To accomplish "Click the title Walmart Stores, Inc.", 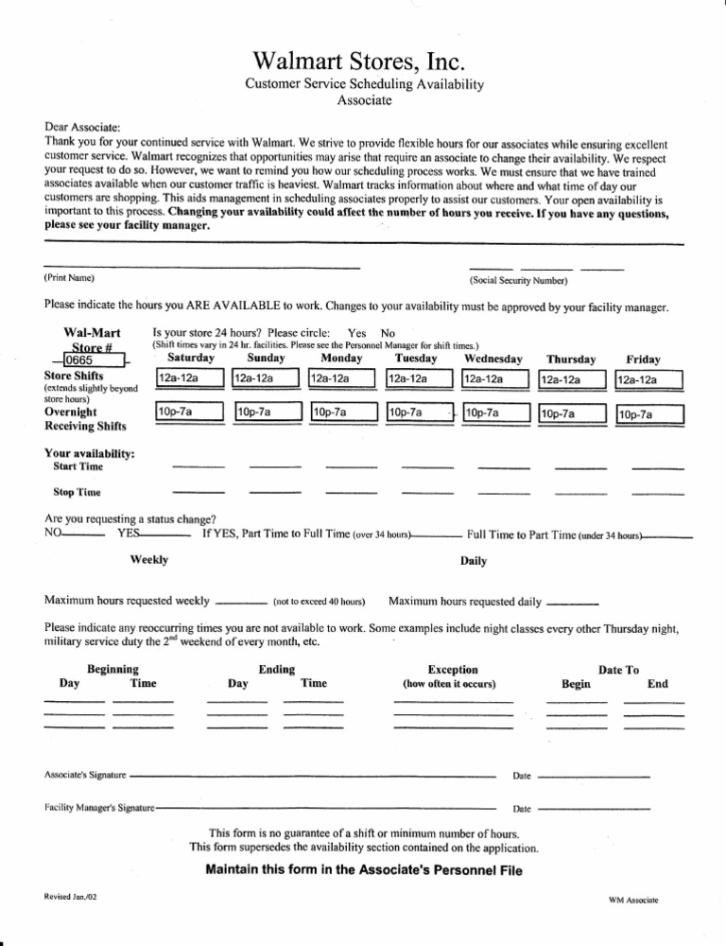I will [363, 61].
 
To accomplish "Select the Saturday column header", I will [190, 359].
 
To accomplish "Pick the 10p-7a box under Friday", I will [648, 413].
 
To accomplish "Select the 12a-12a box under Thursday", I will [571, 379].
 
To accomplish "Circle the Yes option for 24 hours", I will [357, 333].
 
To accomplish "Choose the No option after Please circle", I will [388, 333].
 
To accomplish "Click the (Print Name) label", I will [69, 278].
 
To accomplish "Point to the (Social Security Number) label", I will [517, 281].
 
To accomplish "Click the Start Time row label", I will [78, 466].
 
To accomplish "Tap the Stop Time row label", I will [78, 493].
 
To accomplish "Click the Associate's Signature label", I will [85, 775].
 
